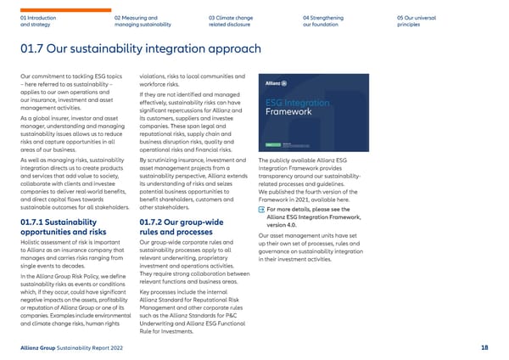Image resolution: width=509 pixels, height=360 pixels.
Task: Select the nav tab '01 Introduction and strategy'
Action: click(39, 20)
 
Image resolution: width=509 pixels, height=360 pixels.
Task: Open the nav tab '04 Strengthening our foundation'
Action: click(324, 20)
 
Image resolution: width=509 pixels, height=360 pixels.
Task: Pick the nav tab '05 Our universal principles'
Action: click(415, 20)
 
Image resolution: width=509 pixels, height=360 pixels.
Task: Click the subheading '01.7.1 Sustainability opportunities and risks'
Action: click(63, 228)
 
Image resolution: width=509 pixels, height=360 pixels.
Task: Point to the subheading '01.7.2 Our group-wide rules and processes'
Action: click(178, 228)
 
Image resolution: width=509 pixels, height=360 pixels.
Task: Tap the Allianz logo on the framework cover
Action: click(276, 84)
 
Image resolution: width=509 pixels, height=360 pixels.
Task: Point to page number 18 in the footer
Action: click(484, 348)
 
